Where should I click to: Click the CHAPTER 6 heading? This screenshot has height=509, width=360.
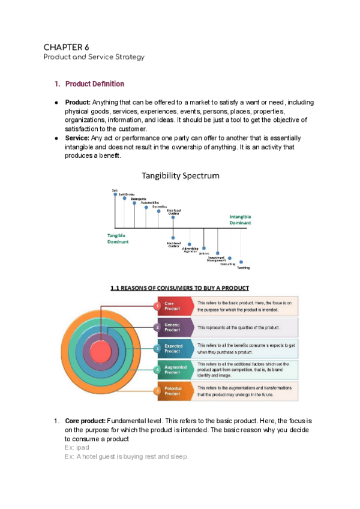click(x=66, y=47)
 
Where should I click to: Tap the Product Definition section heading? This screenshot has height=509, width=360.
click(x=94, y=84)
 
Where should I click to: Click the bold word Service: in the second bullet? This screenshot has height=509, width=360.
click(x=77, y=138)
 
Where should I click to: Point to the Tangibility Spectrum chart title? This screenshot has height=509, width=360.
click(x=180, y=176)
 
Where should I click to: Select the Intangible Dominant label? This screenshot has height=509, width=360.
click(x=240, y=219)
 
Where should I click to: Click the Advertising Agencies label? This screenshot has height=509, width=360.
click(x=190, y=249)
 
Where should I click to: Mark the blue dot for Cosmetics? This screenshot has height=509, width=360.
click(x=158, y=211)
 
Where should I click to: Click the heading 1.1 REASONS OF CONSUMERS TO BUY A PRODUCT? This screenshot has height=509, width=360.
click(x=179, y=288)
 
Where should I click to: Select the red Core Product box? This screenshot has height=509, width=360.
click(x=174, y=306)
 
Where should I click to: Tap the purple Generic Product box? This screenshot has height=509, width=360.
click(x=174, y=327)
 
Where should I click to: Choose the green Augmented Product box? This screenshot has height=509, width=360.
click(x=174, y=369)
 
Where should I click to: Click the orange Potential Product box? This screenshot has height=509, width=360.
click(x=174, y=391)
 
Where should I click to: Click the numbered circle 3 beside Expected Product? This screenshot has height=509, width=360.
click(x=157, y=348)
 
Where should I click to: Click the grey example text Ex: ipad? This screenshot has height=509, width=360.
click(x=77, y=448)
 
